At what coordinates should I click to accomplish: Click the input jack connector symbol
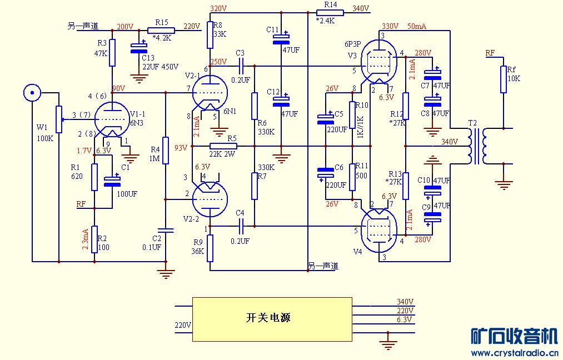(32, 93)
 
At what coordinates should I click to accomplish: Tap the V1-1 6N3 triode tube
(111, 119)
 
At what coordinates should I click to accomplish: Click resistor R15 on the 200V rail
(161, 31)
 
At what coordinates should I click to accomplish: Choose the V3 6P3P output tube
(380, 63)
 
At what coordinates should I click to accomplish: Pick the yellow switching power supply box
(272, 319)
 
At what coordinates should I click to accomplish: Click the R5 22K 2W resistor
(223, 146)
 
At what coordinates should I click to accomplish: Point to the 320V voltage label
(218, 8)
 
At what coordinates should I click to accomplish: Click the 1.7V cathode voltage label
(84, 151)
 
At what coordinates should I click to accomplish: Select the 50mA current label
(417, 26)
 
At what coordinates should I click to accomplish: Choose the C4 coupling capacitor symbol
(240, 226)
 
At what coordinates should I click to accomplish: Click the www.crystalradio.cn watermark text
(514, 353)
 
